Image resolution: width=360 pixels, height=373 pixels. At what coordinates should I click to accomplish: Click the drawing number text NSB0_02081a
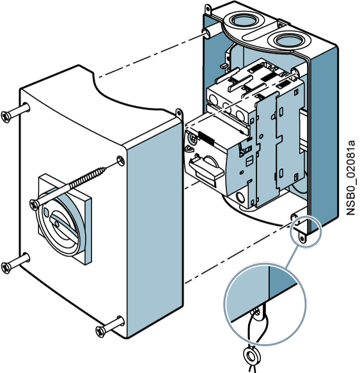[x=350, y=178]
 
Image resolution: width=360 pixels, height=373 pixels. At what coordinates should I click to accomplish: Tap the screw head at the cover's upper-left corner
[x=6, y=117]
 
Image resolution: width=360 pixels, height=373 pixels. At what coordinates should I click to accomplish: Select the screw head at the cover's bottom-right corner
[x=100, y=331]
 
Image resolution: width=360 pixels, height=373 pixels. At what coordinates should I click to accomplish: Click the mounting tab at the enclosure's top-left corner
[x=208, y=10]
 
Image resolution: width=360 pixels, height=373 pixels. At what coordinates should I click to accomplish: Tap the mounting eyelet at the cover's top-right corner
[x=179, y=114]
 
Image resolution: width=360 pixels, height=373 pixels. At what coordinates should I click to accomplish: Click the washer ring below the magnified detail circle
[x=251, y=356]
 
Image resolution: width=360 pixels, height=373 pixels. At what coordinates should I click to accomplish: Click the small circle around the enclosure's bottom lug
[x=306, y=232]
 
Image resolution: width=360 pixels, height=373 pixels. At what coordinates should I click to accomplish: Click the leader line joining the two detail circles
[x=292, y=257]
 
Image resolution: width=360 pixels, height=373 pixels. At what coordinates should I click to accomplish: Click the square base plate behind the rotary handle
[x=65, y=219]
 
